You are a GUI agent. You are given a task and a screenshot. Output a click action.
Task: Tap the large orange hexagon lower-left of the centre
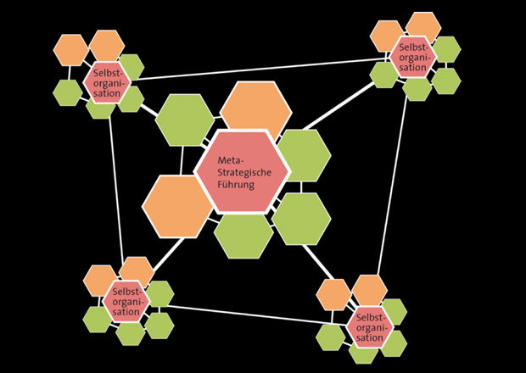[176, 205]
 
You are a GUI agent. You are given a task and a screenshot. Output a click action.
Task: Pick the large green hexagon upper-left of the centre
[185, 120]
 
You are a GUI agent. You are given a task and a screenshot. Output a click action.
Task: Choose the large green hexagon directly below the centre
[244, 233]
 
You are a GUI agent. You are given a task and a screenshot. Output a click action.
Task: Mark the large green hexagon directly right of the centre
[303, 155]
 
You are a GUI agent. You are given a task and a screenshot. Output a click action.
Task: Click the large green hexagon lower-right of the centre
[302, 219]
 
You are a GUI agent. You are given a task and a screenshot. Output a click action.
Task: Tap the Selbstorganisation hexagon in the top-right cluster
[411, 56]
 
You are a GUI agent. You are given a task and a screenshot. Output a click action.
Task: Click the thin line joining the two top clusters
[255, 70]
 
